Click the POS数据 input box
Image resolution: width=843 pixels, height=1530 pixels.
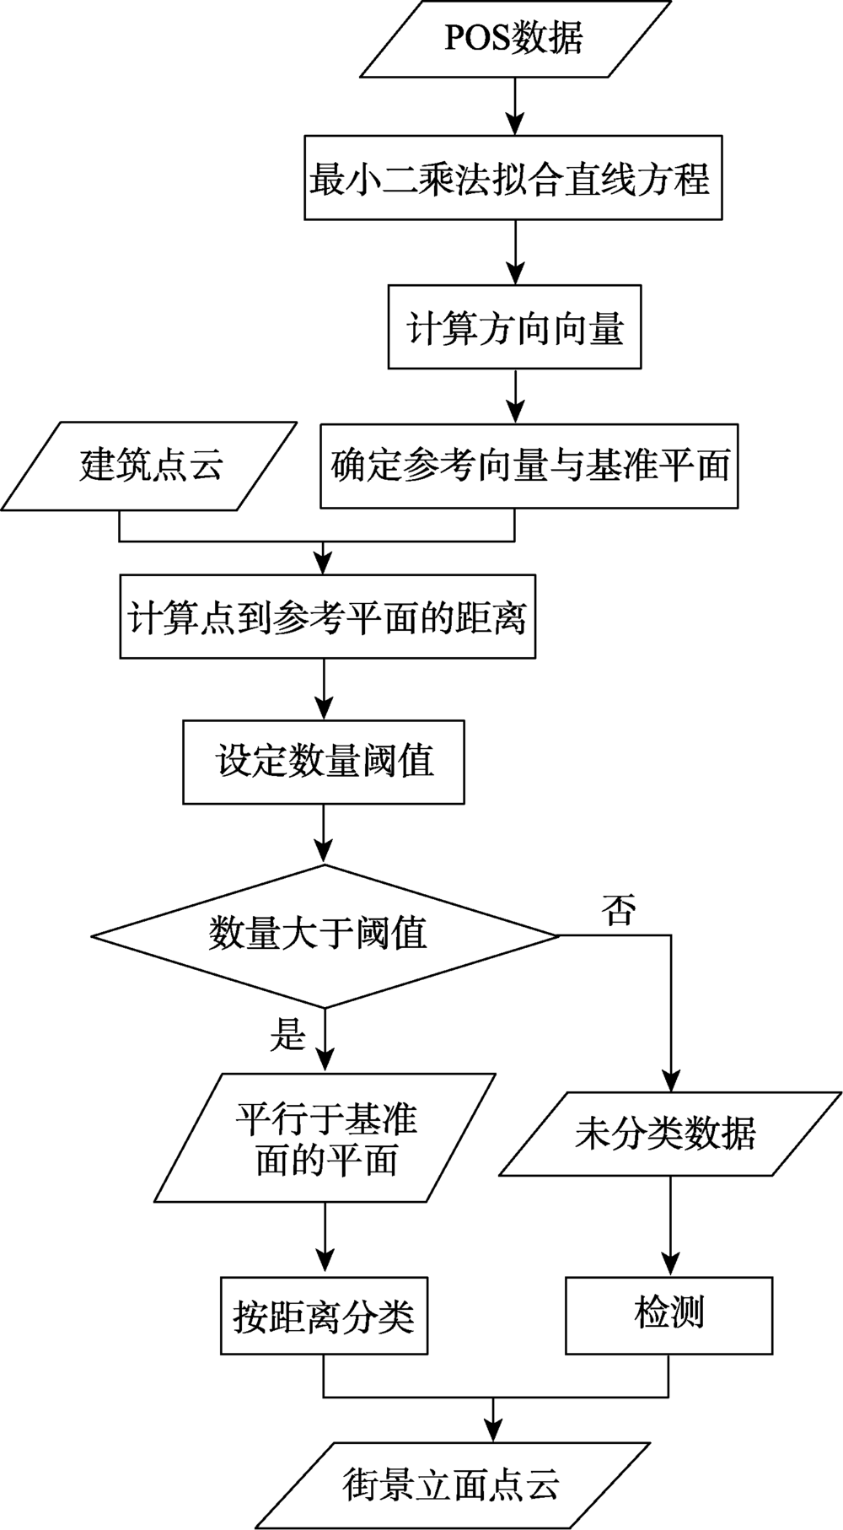click(514, 39)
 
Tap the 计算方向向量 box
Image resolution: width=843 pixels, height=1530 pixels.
click(514, 326)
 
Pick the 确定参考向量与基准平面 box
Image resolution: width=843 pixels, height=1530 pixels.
click(529, 466)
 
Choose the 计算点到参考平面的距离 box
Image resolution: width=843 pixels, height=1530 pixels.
click(327, 617)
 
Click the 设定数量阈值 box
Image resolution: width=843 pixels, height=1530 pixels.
click(324, 762)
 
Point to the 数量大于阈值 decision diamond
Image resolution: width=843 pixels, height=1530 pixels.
click(324, 935)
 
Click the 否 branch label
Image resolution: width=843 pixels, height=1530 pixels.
click(618, 910)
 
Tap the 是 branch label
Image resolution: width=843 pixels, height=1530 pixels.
click(287, 1034)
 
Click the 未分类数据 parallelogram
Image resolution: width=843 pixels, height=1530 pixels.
click(669, 1134)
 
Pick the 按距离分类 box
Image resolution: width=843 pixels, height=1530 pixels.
click(324, 1317)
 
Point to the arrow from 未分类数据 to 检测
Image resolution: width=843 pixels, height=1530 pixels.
click(670, 1226)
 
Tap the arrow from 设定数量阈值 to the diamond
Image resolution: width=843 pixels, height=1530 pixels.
click(324, 834)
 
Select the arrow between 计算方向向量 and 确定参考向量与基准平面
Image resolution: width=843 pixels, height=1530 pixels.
click(514, 396)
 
